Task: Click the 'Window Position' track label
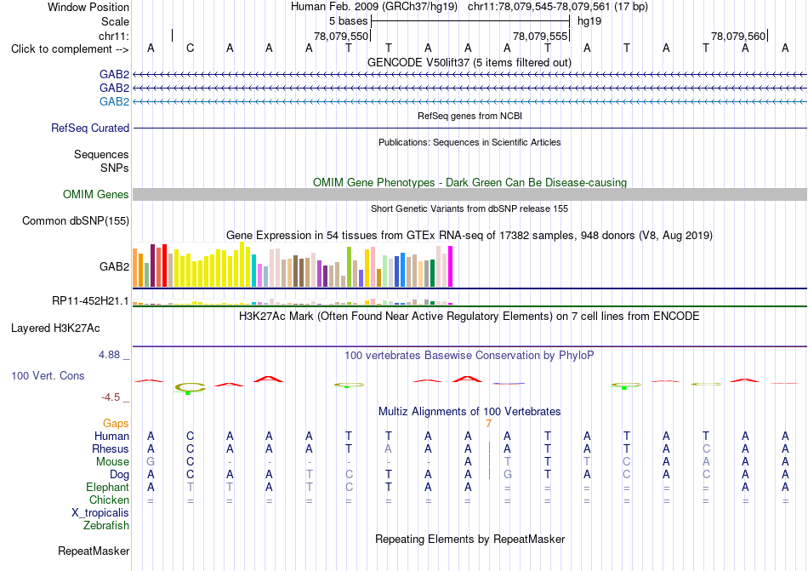[88, 7]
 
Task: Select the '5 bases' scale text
[349, 21]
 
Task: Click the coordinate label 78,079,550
[341, 36]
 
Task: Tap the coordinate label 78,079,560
[738, 36]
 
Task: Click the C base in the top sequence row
[191, 49]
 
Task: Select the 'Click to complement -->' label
[70, 49]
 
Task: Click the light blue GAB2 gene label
[115, 101]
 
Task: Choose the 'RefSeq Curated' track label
[90, 128]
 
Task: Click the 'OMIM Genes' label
[96, 194]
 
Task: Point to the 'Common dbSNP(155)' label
[76, 220]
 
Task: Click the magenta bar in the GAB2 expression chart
[451, 266]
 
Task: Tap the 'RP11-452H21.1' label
[90, 300]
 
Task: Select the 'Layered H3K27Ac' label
[55, 328]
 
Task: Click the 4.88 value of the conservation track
[109, 355]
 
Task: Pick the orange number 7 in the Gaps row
[488, 424]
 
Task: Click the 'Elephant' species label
[108, 487]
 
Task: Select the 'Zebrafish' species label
[106, 526]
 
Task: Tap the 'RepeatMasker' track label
[94, 551]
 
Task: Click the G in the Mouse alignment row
[151, 462]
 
